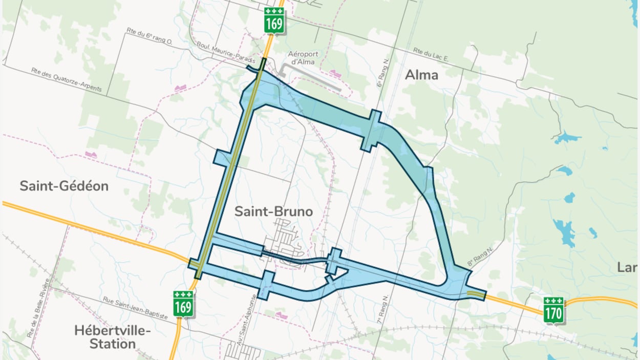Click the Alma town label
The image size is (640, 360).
(421, 75)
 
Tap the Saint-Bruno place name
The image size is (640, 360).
(273, 211)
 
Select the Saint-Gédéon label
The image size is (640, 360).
(64, 186)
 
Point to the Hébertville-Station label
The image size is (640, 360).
(112, 336)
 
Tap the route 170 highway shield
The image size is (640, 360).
(553, 310)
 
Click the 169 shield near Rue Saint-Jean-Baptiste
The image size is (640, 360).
(183, 304)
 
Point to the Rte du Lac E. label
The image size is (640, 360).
(431, 55)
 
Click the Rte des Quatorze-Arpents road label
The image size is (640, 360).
(66, 79)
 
